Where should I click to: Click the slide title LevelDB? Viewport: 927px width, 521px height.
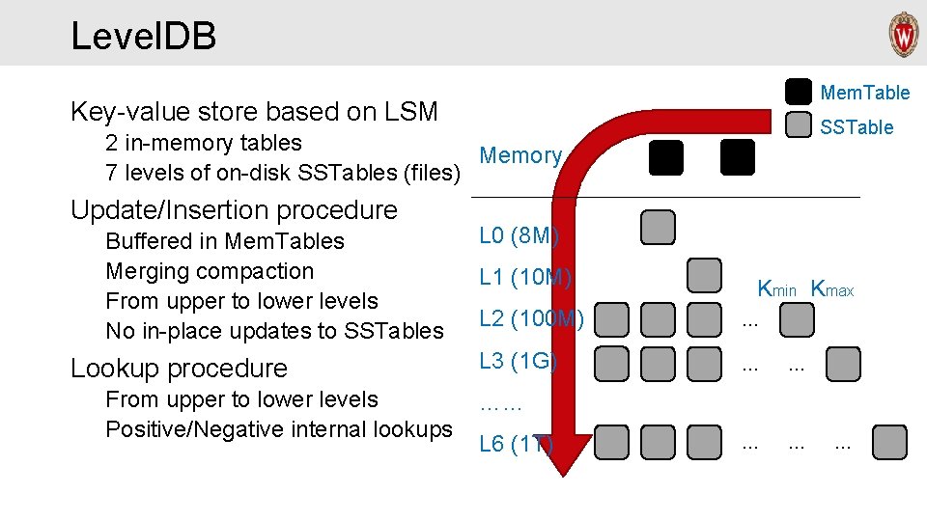pos(143,37)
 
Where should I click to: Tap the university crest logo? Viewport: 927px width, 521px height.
pos(904,35)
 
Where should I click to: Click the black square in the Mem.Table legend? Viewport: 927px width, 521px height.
pos(799,92)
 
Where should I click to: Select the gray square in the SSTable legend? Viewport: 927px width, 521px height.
pos(799,126)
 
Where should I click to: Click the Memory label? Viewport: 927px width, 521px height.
pos(520,155)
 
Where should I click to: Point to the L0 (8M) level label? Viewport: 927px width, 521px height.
pos(520,235)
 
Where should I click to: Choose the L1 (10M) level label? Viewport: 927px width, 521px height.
pos(526,278)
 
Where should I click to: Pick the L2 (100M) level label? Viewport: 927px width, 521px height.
pos(531,317)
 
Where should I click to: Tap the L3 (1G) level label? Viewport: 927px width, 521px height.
pos(519,361)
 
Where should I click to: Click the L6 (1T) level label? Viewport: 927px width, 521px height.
pos(516,444)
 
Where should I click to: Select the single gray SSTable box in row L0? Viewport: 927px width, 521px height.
pos(659,228)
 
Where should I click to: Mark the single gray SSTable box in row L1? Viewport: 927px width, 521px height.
pos(704,275)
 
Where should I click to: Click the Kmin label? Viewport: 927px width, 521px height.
pos(777,288)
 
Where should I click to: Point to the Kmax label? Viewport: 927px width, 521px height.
pos(832,288)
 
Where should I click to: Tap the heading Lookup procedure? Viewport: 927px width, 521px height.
pos(179,368)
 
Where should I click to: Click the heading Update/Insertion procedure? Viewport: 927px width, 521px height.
pos(234,209)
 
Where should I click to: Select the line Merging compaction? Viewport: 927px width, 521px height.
pos(210,271)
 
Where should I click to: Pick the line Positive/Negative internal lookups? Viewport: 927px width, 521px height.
pos(278,429)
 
